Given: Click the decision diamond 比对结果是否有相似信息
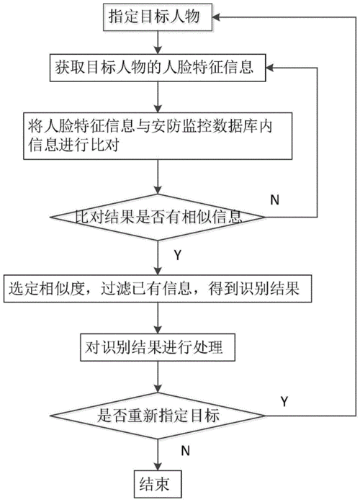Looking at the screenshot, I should [x=158, y=215].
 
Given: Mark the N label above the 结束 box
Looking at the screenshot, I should [x=185, y=451].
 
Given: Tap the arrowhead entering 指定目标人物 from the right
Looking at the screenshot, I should [x=219, y=16].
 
